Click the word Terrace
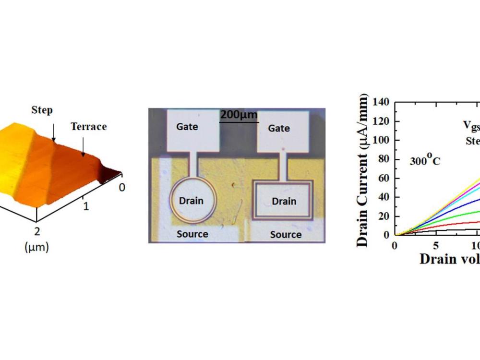[89, 127]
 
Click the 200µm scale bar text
[239, 115]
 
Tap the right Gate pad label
[279, 128]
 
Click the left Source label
[192, 234]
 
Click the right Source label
[286, 235]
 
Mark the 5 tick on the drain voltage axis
[435, 245]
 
